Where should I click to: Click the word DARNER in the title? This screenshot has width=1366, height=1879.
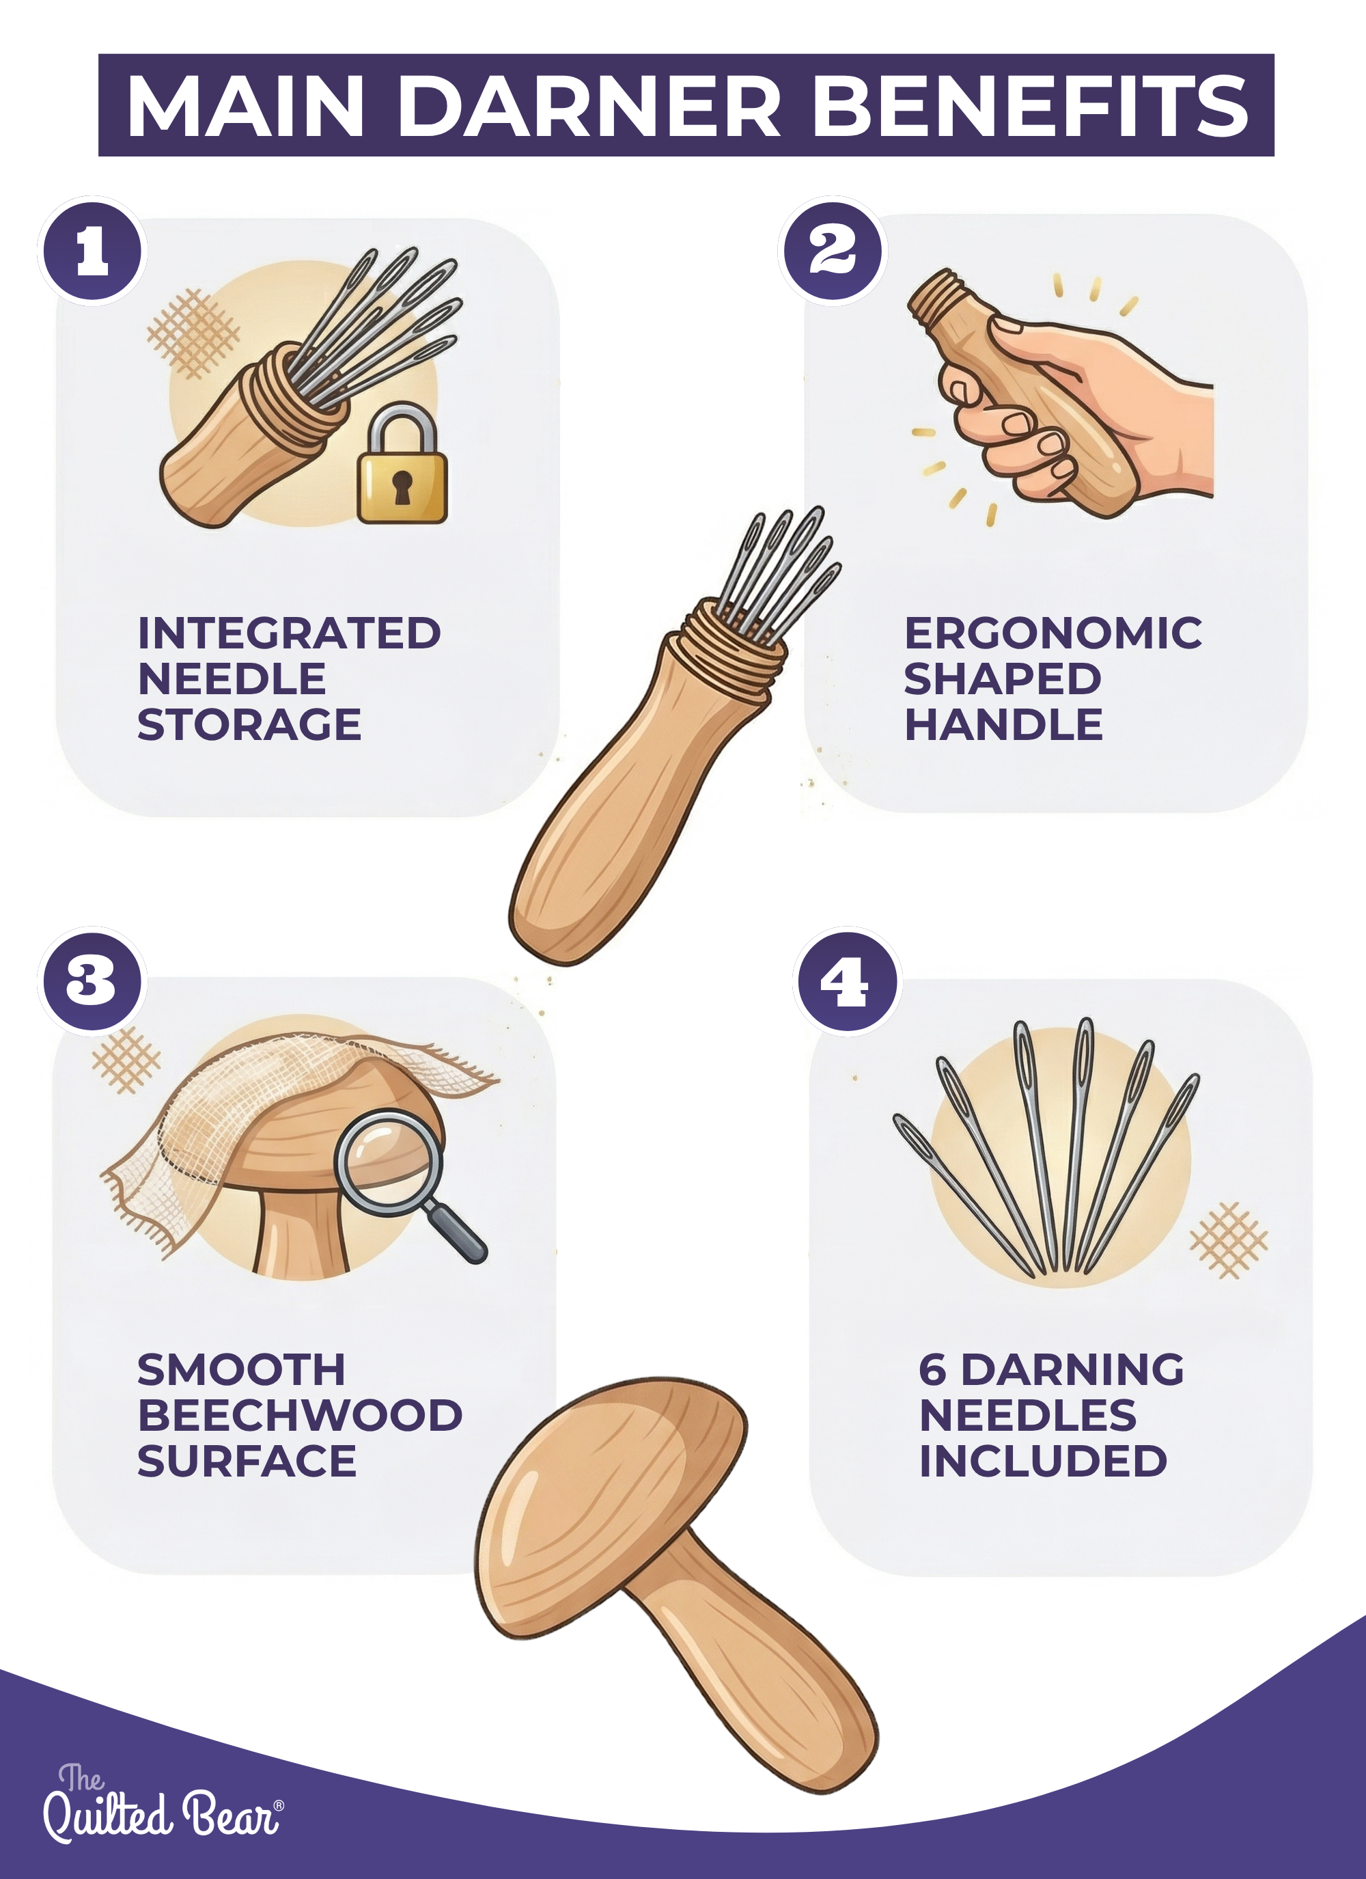(590, 106)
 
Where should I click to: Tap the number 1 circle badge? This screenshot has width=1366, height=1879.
(93, 251)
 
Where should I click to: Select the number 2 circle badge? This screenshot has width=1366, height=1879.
(833, 250)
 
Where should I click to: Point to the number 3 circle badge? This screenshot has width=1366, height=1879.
(93, 982)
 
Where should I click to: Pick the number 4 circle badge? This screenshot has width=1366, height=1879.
(848, 982)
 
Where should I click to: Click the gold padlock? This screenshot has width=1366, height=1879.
(402, 464)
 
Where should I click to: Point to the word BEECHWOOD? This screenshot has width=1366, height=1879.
(300, 1415)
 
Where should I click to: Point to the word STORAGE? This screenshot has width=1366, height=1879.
(249, 725)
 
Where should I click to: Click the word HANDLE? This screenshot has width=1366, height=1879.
(1003, 725)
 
